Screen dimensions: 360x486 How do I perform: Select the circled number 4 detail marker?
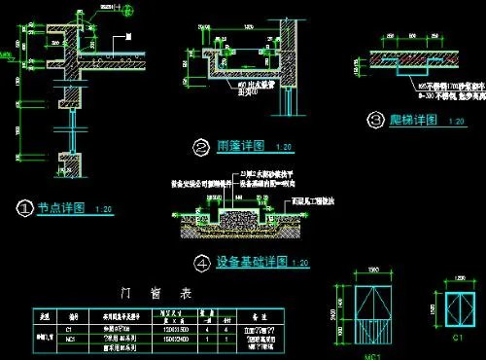point(201,262)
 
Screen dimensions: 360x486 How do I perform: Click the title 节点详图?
point(61,208)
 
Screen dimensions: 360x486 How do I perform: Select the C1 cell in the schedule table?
point(71,330)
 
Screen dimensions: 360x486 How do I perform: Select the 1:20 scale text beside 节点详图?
point(104,209)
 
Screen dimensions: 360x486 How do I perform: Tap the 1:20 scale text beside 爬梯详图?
point(453,121)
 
